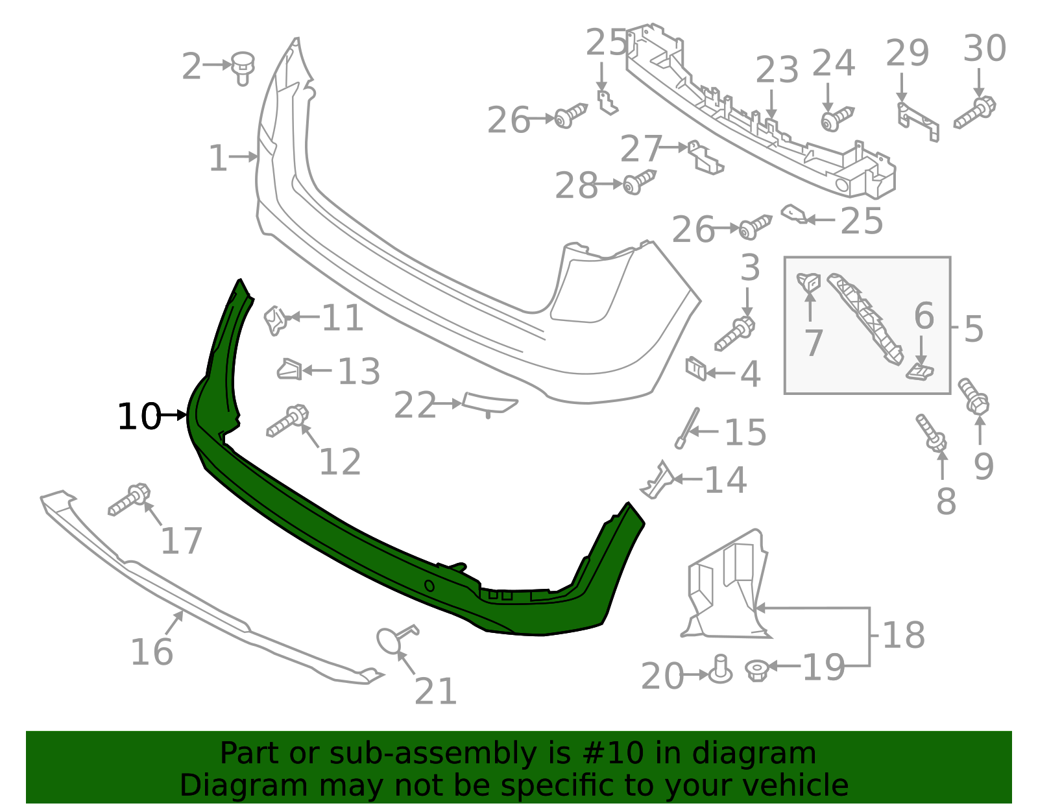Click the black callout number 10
tap(139, 416)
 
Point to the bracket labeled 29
tap(917, 121)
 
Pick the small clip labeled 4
tap(695, 369)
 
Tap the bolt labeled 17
tap(129, 500)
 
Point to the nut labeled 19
tap(756, 669)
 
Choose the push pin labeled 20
tap(719, 670)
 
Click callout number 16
tap(152, 652)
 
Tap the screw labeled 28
tap(639, 182)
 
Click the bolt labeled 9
tap(973, 396)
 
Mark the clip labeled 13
tap(289, 370)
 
